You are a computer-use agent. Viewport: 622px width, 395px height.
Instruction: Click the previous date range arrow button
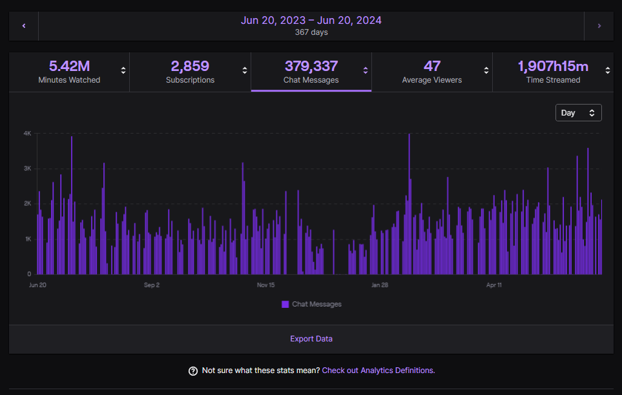[x=24, y=26]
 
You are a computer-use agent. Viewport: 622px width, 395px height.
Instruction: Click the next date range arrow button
[x=599, y=26]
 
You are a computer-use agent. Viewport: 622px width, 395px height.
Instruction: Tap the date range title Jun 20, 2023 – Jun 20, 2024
[x=311, y=20]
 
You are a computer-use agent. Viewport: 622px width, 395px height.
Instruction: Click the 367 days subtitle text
[x=311, y=32]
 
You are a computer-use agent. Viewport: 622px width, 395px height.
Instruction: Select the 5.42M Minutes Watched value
[x=69, y=66]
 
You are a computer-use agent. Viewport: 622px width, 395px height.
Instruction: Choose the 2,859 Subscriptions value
[x=190, y=66]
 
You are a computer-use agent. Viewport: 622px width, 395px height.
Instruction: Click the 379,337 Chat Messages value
[x=311, y=66]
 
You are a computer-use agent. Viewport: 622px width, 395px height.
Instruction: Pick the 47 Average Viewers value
[x=432, y=66]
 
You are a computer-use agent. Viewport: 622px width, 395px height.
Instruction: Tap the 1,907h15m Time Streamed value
[x=553, y=66]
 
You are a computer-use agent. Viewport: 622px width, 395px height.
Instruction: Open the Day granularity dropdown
[x=578, y=112]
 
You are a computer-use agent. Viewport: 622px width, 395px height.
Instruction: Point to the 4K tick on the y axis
[x=28, y=134]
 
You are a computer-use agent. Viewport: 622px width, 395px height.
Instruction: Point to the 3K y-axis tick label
[x=28, y=168]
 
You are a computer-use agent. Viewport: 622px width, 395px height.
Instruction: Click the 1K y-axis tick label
[x=28, y=239]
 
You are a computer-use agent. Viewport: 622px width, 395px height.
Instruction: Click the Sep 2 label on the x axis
[x=151, y=285]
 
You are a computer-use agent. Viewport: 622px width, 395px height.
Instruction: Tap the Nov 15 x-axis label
[x=265, y=285]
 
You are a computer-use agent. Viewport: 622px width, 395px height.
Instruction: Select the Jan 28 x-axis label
[x=380, y=285]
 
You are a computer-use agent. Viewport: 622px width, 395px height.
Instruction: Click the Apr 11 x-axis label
[x=494, y=285]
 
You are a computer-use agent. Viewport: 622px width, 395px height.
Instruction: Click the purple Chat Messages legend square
[x=285, y=304]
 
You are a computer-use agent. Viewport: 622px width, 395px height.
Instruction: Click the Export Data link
[x=311, y=339]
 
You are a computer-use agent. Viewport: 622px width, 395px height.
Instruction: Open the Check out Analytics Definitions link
[x=378, y=370]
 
